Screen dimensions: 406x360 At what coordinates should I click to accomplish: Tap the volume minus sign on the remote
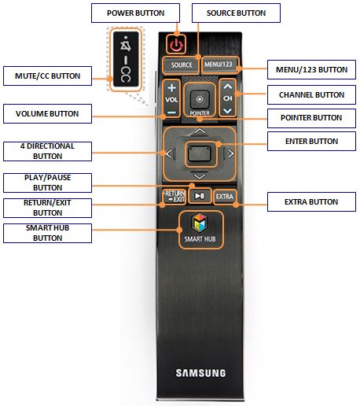coord(171,112)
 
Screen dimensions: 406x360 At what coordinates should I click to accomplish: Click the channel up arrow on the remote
coord(226,87)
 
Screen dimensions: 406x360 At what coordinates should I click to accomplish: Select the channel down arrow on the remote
coord(226,111)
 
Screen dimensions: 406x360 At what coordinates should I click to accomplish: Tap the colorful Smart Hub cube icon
coord(200,221)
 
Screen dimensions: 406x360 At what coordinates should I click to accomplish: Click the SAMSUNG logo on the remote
coord(200,373)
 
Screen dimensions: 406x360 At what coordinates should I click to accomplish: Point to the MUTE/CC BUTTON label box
coord(43,76)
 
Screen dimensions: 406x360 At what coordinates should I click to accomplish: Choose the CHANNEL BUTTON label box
coord(311,94)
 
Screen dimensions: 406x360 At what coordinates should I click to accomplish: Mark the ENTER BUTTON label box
coord(311,142)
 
